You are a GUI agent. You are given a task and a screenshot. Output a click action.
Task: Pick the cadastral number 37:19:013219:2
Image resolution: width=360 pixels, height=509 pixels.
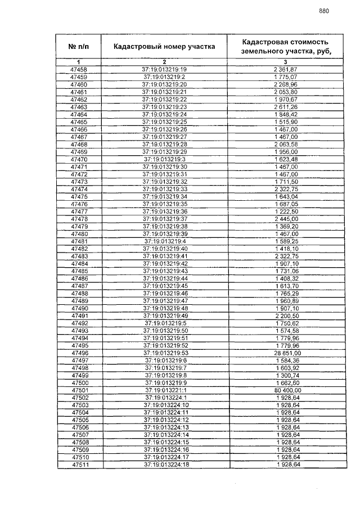[x=164, y=76]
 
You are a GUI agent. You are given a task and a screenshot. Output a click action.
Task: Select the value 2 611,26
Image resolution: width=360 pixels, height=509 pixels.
[x=285, y=106]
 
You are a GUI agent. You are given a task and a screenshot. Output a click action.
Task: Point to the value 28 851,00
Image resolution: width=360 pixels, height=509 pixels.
[x=285, y=353]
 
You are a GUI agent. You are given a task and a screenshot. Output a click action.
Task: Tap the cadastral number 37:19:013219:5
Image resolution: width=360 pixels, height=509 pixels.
[x=165, y=323]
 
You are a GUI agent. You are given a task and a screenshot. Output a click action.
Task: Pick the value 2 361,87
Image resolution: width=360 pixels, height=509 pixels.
[x=285, y=69]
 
